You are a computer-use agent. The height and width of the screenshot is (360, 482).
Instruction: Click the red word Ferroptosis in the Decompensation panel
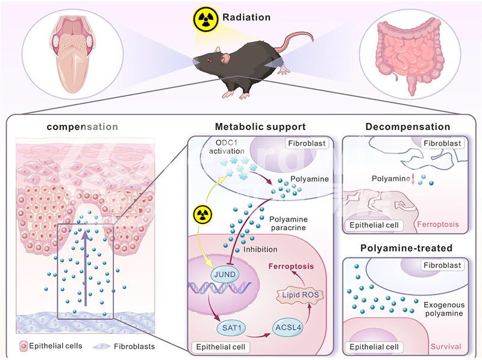tap(438, 225)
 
